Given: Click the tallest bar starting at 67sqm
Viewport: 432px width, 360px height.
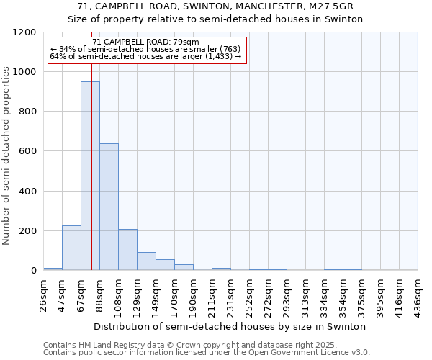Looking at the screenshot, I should tap(90, 176).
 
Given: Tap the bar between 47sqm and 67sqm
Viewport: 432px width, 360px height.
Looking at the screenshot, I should tap(71, 248).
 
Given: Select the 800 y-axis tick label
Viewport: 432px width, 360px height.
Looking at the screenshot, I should tap(27, 112).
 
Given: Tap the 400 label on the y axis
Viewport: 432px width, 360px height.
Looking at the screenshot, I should tap(27, 192).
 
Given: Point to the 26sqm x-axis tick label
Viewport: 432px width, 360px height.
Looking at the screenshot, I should tap(43, 294).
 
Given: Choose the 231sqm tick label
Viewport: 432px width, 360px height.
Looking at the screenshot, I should tap(230, 294).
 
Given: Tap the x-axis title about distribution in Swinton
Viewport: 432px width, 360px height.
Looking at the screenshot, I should tap(230, 326).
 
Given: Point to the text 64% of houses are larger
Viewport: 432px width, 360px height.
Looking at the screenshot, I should tap(145, 56).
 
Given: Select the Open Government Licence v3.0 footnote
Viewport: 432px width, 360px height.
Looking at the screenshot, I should tap(207, 352).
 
